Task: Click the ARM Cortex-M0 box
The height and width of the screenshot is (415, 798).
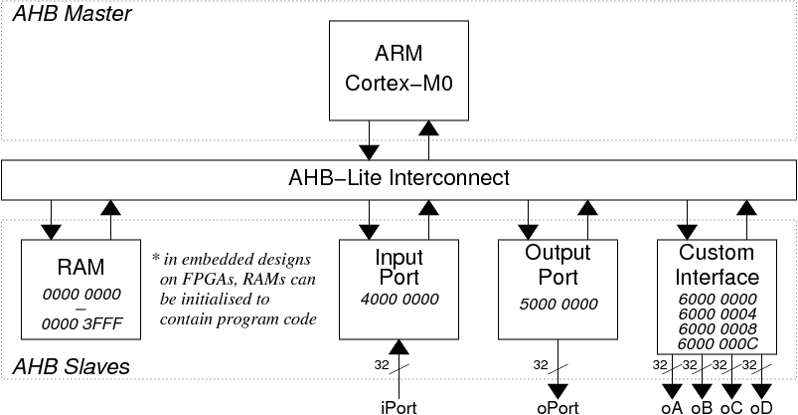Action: [399, 71]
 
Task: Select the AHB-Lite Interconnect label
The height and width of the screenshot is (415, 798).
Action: [399, 177]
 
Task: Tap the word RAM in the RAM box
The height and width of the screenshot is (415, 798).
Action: [80, 267]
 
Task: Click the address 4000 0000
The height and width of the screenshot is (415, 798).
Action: [399, 299]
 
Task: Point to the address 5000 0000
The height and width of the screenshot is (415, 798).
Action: [559, 304]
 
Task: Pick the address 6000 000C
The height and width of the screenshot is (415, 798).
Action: [718, 344]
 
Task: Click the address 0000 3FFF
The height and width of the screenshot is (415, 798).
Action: [81, 323]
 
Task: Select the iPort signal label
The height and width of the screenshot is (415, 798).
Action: [399, 408]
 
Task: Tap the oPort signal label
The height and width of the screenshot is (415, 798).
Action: [558, 408]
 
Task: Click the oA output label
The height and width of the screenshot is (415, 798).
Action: [672, 408]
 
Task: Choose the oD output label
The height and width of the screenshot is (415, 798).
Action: [762, 408]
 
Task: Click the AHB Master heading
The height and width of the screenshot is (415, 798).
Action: [73, 13]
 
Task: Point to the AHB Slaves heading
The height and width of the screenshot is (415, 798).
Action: [72, 367]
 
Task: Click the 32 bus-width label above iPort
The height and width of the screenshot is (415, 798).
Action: [382, 365]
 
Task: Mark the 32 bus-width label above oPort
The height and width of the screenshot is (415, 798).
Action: [541, 365]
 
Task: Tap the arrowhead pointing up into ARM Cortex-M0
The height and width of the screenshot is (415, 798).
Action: [428, 128]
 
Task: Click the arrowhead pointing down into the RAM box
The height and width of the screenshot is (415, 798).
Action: [51, 232]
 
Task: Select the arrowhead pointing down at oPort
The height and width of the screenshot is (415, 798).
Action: [559, 391]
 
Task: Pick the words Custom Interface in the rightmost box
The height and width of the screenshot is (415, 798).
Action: [718, 265]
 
